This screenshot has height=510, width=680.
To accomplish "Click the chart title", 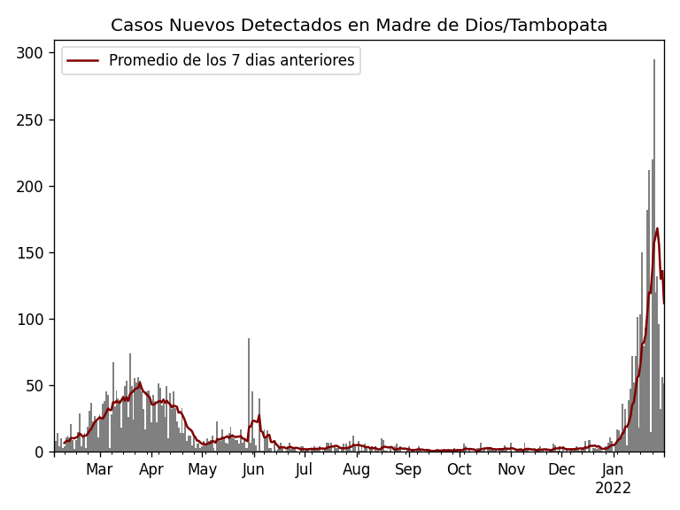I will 359,26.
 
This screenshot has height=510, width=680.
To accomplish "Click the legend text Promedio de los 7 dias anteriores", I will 231,61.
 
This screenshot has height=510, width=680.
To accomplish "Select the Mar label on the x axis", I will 99,469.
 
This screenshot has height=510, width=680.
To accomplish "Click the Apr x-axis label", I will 151,469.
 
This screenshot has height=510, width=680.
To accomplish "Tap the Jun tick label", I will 253,469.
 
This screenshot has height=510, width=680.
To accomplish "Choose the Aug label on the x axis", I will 357,469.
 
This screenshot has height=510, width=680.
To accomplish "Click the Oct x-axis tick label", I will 460,469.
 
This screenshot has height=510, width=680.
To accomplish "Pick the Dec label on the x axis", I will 561,469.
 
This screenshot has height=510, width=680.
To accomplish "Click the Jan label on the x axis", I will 613,469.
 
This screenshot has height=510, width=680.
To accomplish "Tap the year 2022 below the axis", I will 613,488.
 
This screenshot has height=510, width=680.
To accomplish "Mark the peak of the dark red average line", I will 657,228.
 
